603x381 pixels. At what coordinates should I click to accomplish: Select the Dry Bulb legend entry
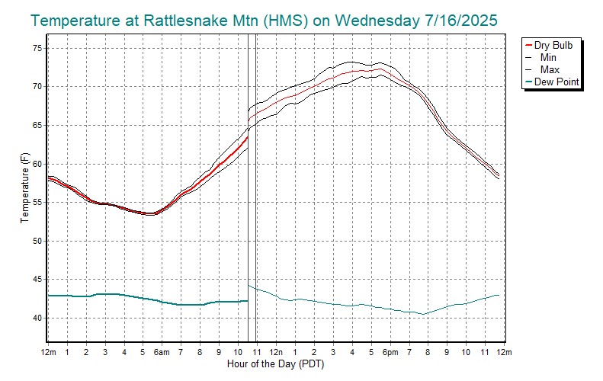558,46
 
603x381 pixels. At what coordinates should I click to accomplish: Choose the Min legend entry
548,57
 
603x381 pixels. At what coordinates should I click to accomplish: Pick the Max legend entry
549,69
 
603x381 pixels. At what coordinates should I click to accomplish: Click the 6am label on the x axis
162,352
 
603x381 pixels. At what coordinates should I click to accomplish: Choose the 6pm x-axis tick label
390,352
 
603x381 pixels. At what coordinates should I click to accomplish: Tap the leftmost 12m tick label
48,352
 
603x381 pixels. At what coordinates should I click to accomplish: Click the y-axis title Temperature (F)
24,188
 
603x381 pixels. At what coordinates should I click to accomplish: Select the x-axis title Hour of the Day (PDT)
276,364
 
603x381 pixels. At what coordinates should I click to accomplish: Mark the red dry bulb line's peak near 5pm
380,69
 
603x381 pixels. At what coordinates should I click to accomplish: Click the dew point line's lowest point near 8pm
423,314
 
